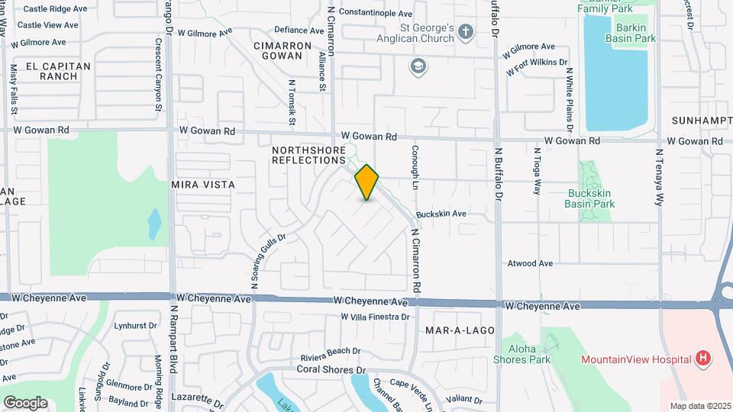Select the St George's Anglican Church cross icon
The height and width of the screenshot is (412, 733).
pyautogui.click(x=467, y=31)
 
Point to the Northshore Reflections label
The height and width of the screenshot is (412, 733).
pyautogui.click(x=308, y=156)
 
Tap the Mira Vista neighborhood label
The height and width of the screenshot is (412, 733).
pyautogui.click(x=202, y=185)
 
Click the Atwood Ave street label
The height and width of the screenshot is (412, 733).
pyautogui.click(x=530, y=263)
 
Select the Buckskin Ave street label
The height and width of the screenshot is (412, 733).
pyautogui.click(x=441, y=214)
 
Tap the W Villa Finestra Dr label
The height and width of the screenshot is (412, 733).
pyautogui.click(x=375, y=316)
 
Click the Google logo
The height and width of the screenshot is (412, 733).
pyautogui.click(x=25, y=403)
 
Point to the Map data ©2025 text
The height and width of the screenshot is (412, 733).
pyautogui.click(x=699, y=406)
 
